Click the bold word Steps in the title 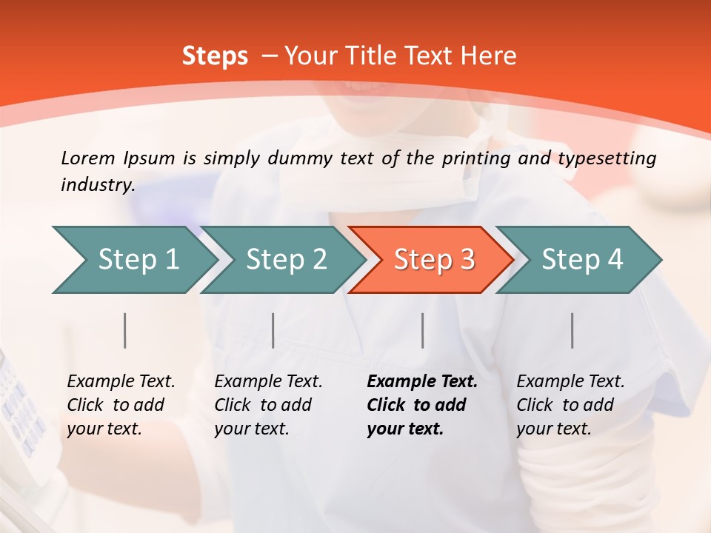pos(215,56)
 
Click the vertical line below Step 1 pos(125,330)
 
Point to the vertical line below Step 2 pos(273,330)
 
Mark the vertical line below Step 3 pos(423,330)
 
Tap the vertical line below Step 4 pos(573,330)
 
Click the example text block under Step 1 pos(121,405)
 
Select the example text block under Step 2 pos(268,405)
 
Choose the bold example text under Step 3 pos(422,405)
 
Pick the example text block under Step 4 pos(570,405)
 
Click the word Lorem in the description pos(87,158)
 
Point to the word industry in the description pos(98,185)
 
